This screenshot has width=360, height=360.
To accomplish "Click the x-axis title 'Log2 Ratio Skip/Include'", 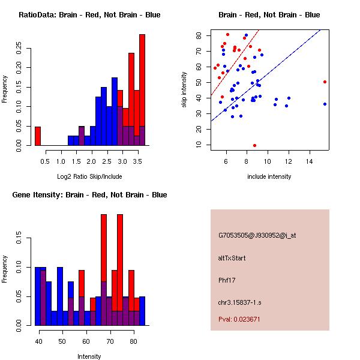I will coord(89,176).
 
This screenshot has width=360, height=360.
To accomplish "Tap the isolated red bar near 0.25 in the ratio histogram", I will coord(38,136).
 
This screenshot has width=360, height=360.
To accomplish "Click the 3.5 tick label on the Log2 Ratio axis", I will coord(137,161).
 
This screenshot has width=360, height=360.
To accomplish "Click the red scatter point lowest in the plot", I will coord(254,145).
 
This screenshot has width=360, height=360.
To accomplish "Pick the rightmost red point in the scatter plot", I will coord(325,82).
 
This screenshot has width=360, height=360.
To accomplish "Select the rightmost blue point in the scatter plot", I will coord(325,104).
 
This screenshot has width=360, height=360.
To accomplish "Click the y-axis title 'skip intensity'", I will coord(185,90).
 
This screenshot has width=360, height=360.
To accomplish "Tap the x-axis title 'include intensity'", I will coord(269,176).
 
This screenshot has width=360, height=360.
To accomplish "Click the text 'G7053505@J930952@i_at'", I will coord(257,235).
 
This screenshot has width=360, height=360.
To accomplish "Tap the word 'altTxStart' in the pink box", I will coord(232,258).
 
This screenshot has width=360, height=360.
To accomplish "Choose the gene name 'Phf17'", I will coord(226,280).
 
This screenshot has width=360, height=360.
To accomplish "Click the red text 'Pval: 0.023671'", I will coord(239,320).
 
